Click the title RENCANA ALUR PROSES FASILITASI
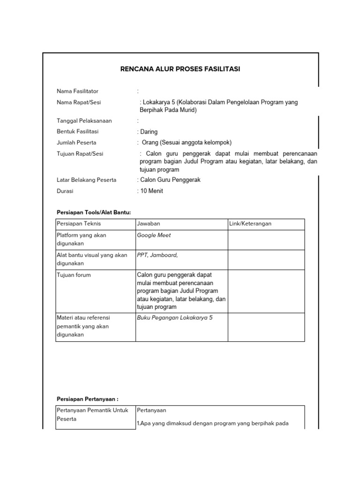click(x=180, y=69)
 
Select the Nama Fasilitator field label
click(x=77, y=91)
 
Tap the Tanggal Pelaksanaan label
click(x=84, y=120)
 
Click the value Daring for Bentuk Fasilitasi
click(x=149, y=132)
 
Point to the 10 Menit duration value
click(x=151, y=191)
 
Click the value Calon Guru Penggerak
click(x=170, y=180)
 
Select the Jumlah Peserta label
click(x=76, y=142)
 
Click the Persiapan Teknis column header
click(x=78, y=224)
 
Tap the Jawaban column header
click(x=148, y=224)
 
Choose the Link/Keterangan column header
click(x=250, y=224)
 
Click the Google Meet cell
click(x=154, y=235)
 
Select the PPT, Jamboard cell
click(x=157, y=255)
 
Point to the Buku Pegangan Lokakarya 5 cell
click(x=175, y=317)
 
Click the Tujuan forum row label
click(x=74, y=275)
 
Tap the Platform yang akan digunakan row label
click(x=81, y=240)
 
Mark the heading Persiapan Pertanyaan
click(x=87, y=398)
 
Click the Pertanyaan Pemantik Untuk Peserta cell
click(x=92, y=414)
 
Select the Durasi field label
click(x=65, y=191)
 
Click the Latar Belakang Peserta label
click(x=86, y=180)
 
